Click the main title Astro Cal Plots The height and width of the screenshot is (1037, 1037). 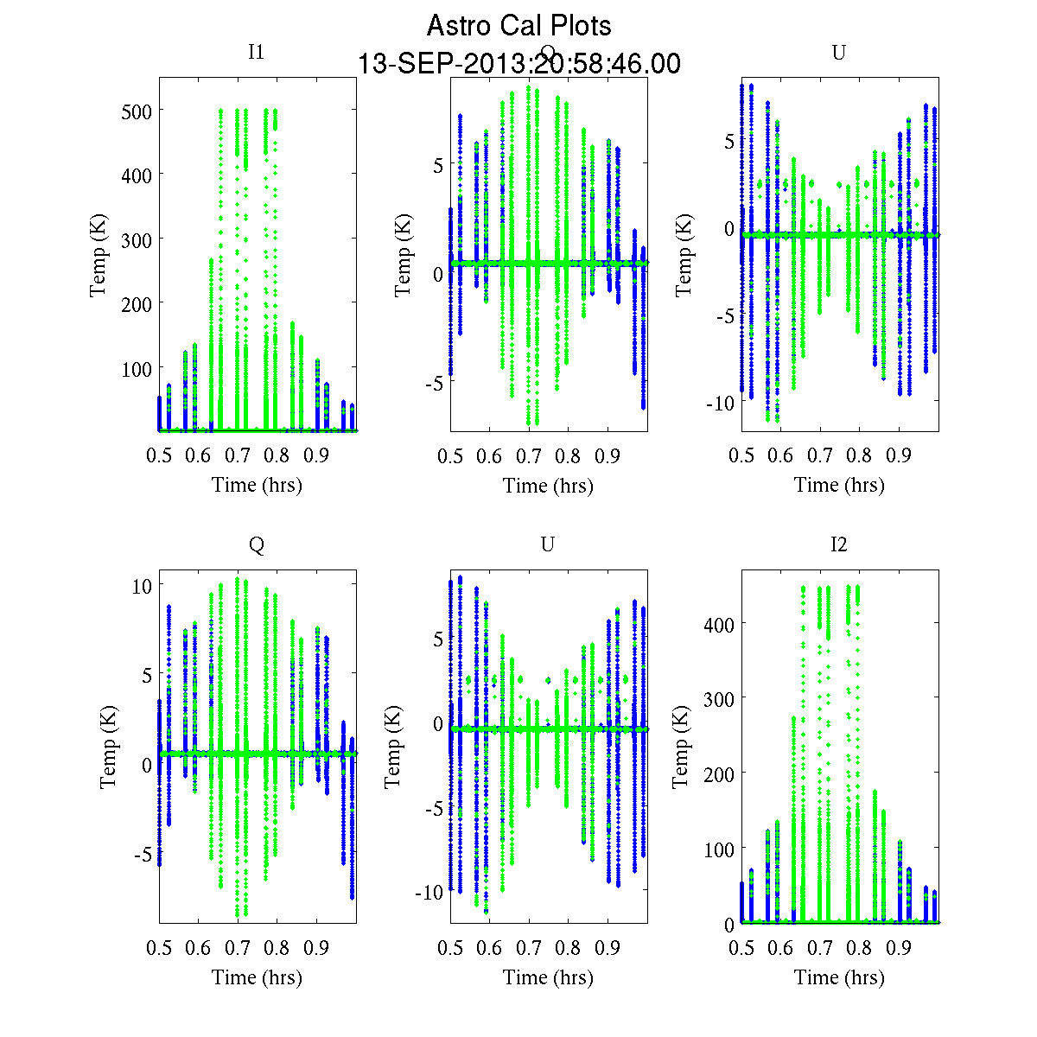click(518, 26)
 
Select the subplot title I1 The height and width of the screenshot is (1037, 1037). click(256, 52)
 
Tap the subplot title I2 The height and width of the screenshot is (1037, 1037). click(838, 544)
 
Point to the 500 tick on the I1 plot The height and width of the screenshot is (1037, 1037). click(136, 111)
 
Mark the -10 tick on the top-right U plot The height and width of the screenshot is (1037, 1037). click(717, 403)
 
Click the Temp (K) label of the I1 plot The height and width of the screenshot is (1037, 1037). click(99, 259)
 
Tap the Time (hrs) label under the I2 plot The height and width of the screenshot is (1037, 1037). click(839, 977)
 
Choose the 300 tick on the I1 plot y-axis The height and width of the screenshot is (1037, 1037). click(136, 239)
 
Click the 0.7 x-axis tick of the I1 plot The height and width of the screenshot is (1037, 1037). click(238, 456)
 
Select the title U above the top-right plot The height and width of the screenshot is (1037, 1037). click(838, 53)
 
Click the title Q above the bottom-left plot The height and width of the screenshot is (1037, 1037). click(257, 544)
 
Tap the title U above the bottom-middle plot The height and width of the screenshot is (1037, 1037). click(547, 544)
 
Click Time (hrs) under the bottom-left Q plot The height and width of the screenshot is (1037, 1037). click(257, 977)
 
